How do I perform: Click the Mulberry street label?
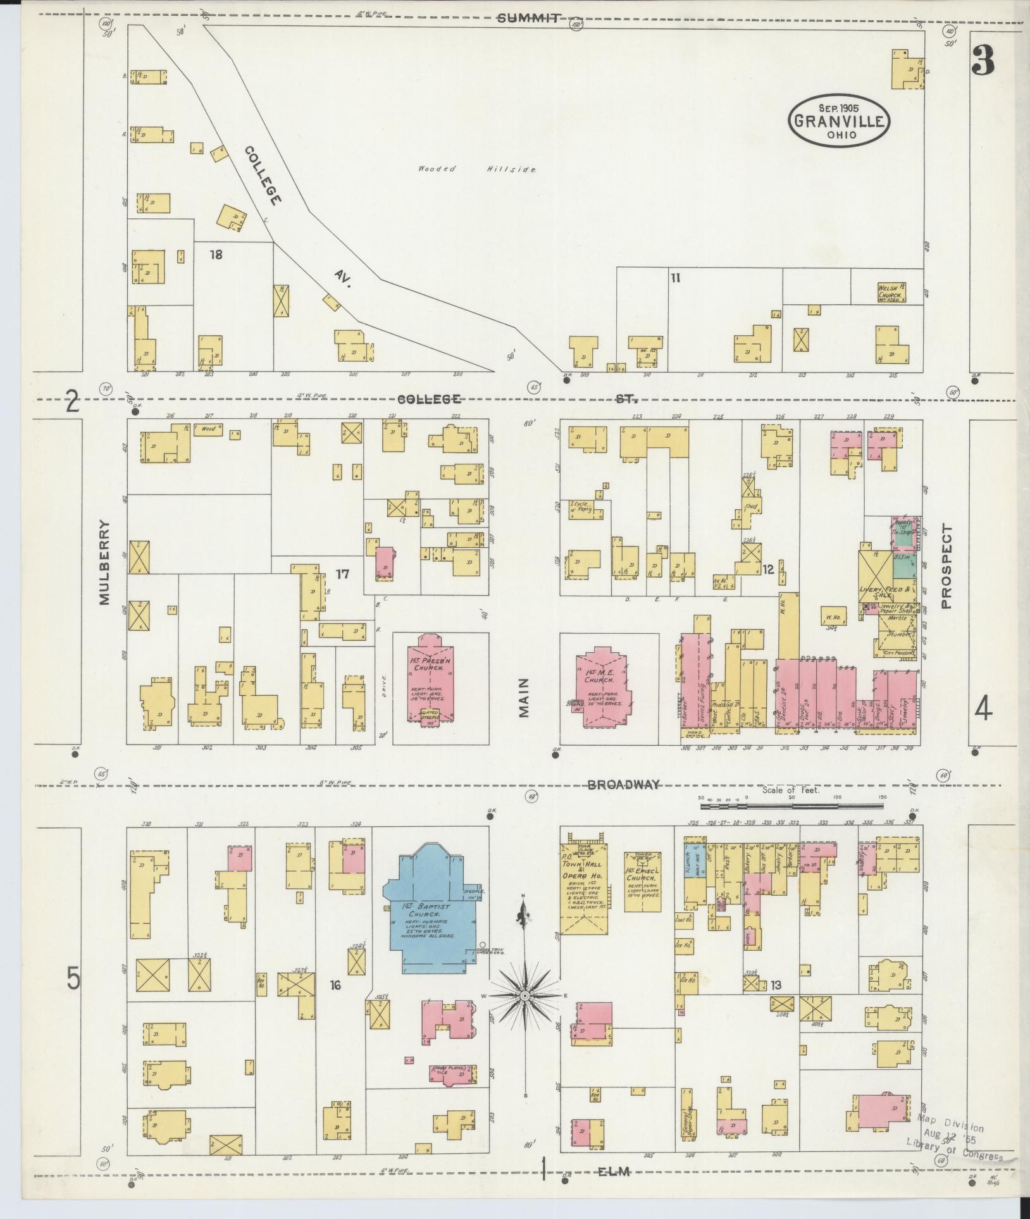coord(104,562)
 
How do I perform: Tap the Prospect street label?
coord(946,566)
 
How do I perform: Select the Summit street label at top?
coord(528,18)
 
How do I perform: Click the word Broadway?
coord(624,784)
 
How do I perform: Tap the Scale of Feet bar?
coord(791,806)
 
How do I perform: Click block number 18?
coord(216,254)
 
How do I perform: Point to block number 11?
coord(675,277)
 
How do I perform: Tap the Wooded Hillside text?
coord(478,170)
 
